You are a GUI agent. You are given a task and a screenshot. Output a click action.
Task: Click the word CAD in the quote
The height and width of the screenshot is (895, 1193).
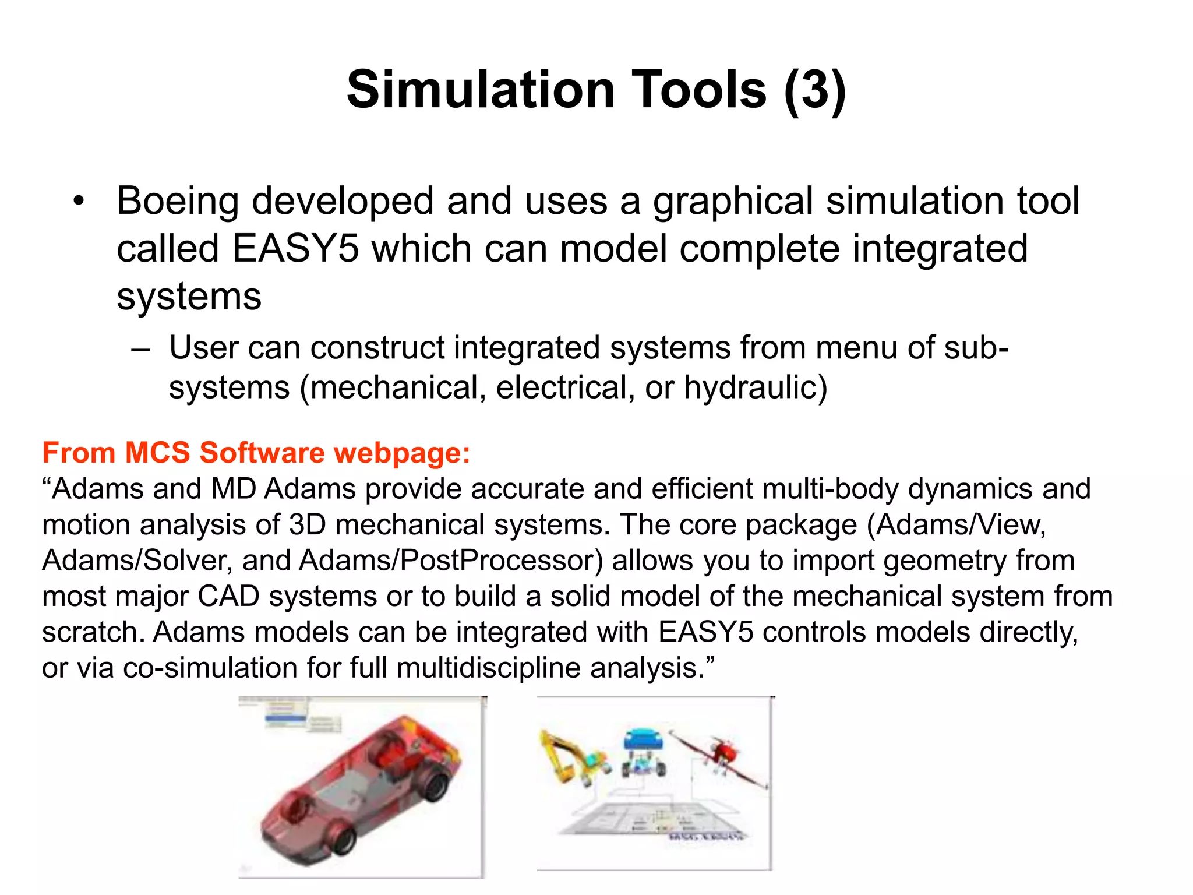(228, 597)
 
